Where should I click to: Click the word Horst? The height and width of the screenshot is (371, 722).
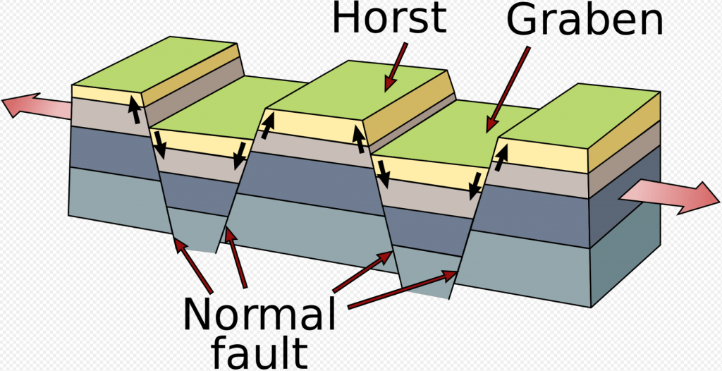click(x=389, y=19)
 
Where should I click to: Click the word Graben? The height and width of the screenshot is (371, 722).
click(x=585, y=21)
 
